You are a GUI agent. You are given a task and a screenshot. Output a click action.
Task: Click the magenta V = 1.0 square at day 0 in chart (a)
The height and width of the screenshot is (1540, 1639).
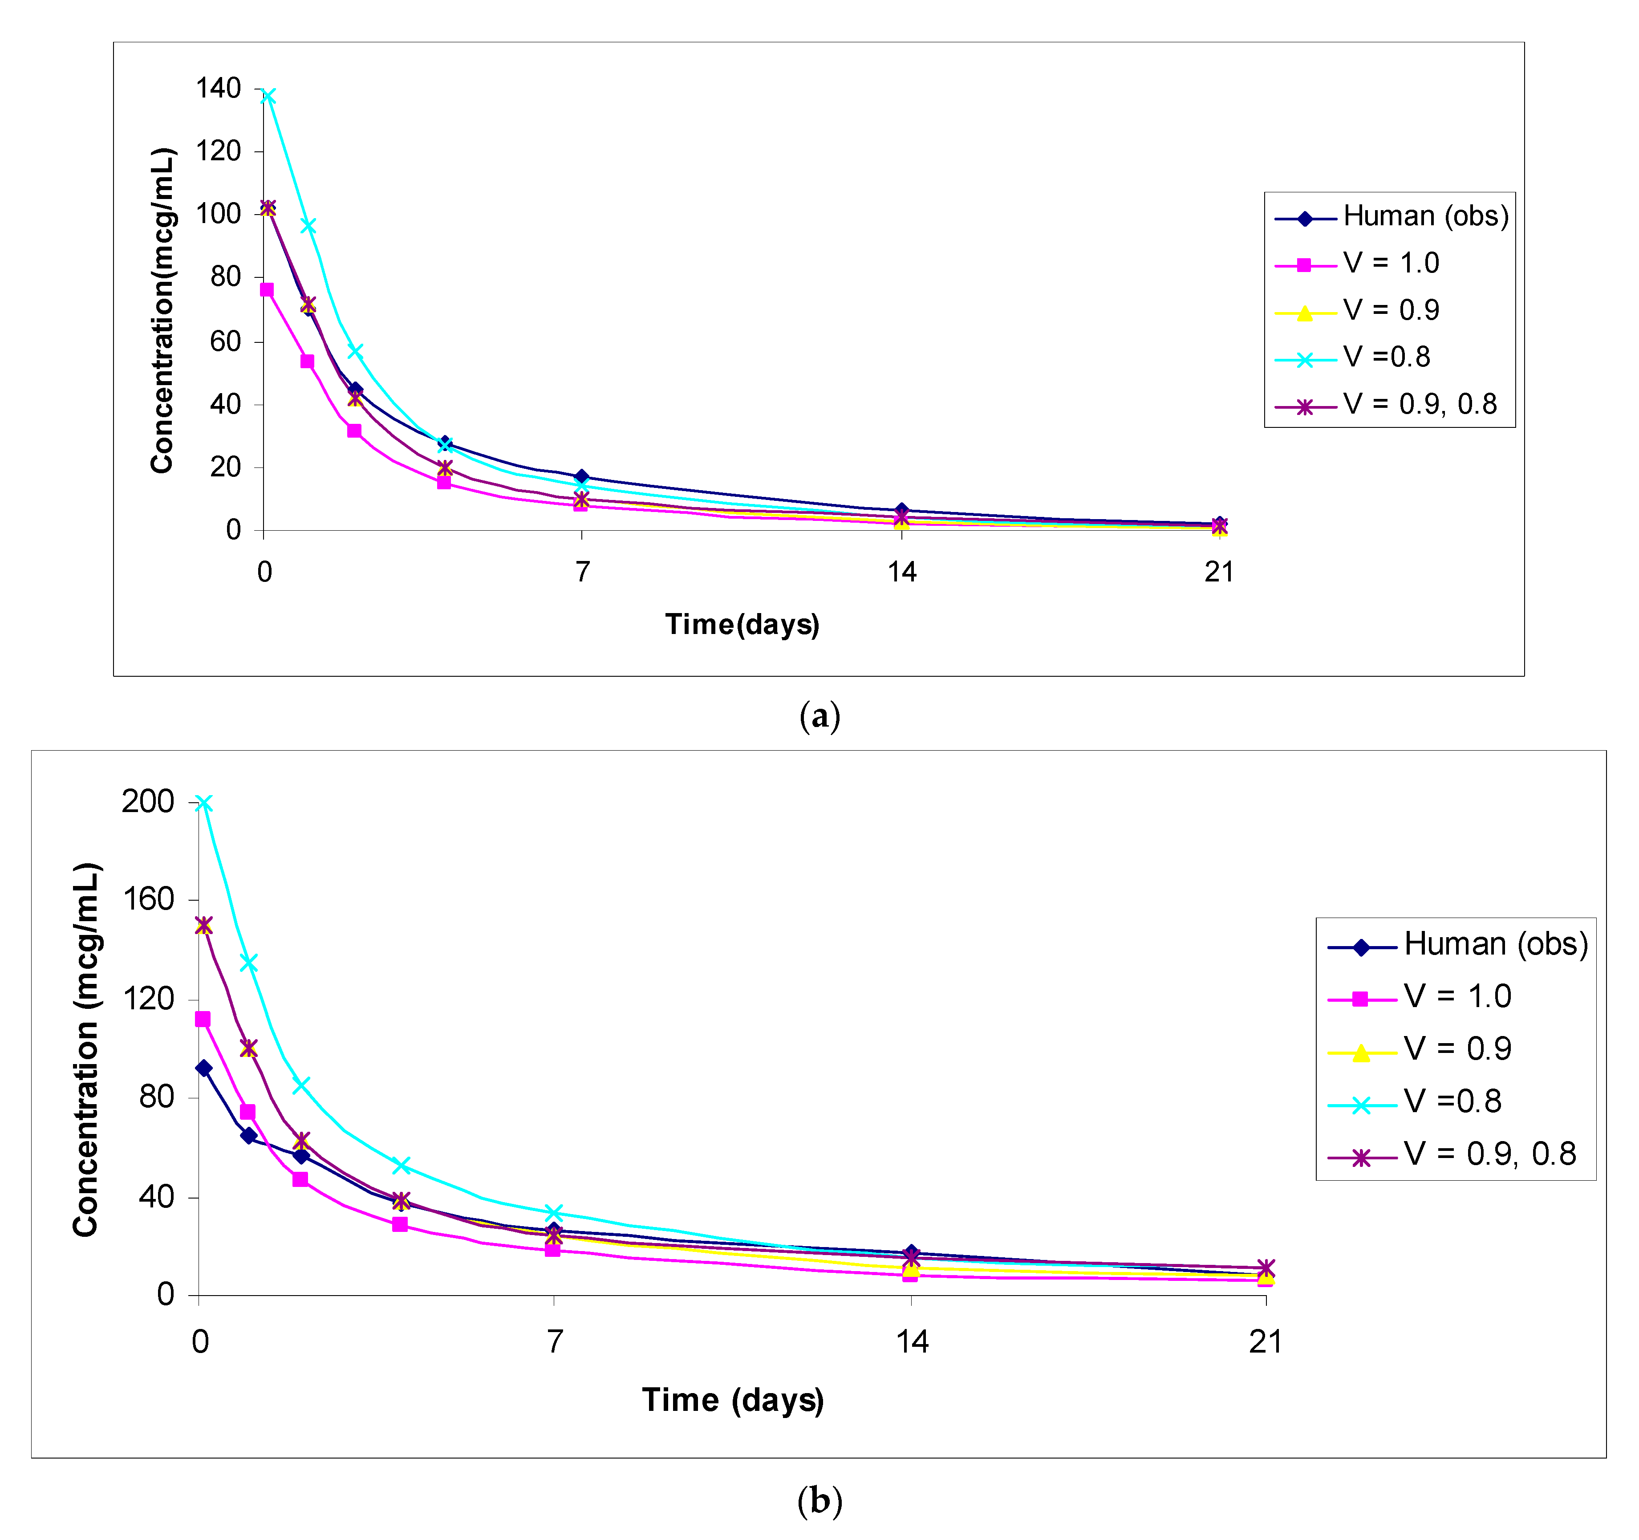266,289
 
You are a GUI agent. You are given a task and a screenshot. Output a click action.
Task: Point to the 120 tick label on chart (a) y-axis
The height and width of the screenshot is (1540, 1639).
218,151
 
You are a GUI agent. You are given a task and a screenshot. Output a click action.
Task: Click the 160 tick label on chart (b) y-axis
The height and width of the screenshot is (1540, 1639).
148,899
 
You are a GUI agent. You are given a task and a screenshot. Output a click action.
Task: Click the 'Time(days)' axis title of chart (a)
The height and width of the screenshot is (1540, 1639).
742,624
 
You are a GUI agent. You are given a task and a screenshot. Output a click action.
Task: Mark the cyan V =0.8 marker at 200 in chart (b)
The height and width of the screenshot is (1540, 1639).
203,803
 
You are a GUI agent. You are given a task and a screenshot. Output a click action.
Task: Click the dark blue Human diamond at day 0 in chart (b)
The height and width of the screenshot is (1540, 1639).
203,1069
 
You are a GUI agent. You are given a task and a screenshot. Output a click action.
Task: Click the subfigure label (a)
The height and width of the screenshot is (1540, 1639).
819,715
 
